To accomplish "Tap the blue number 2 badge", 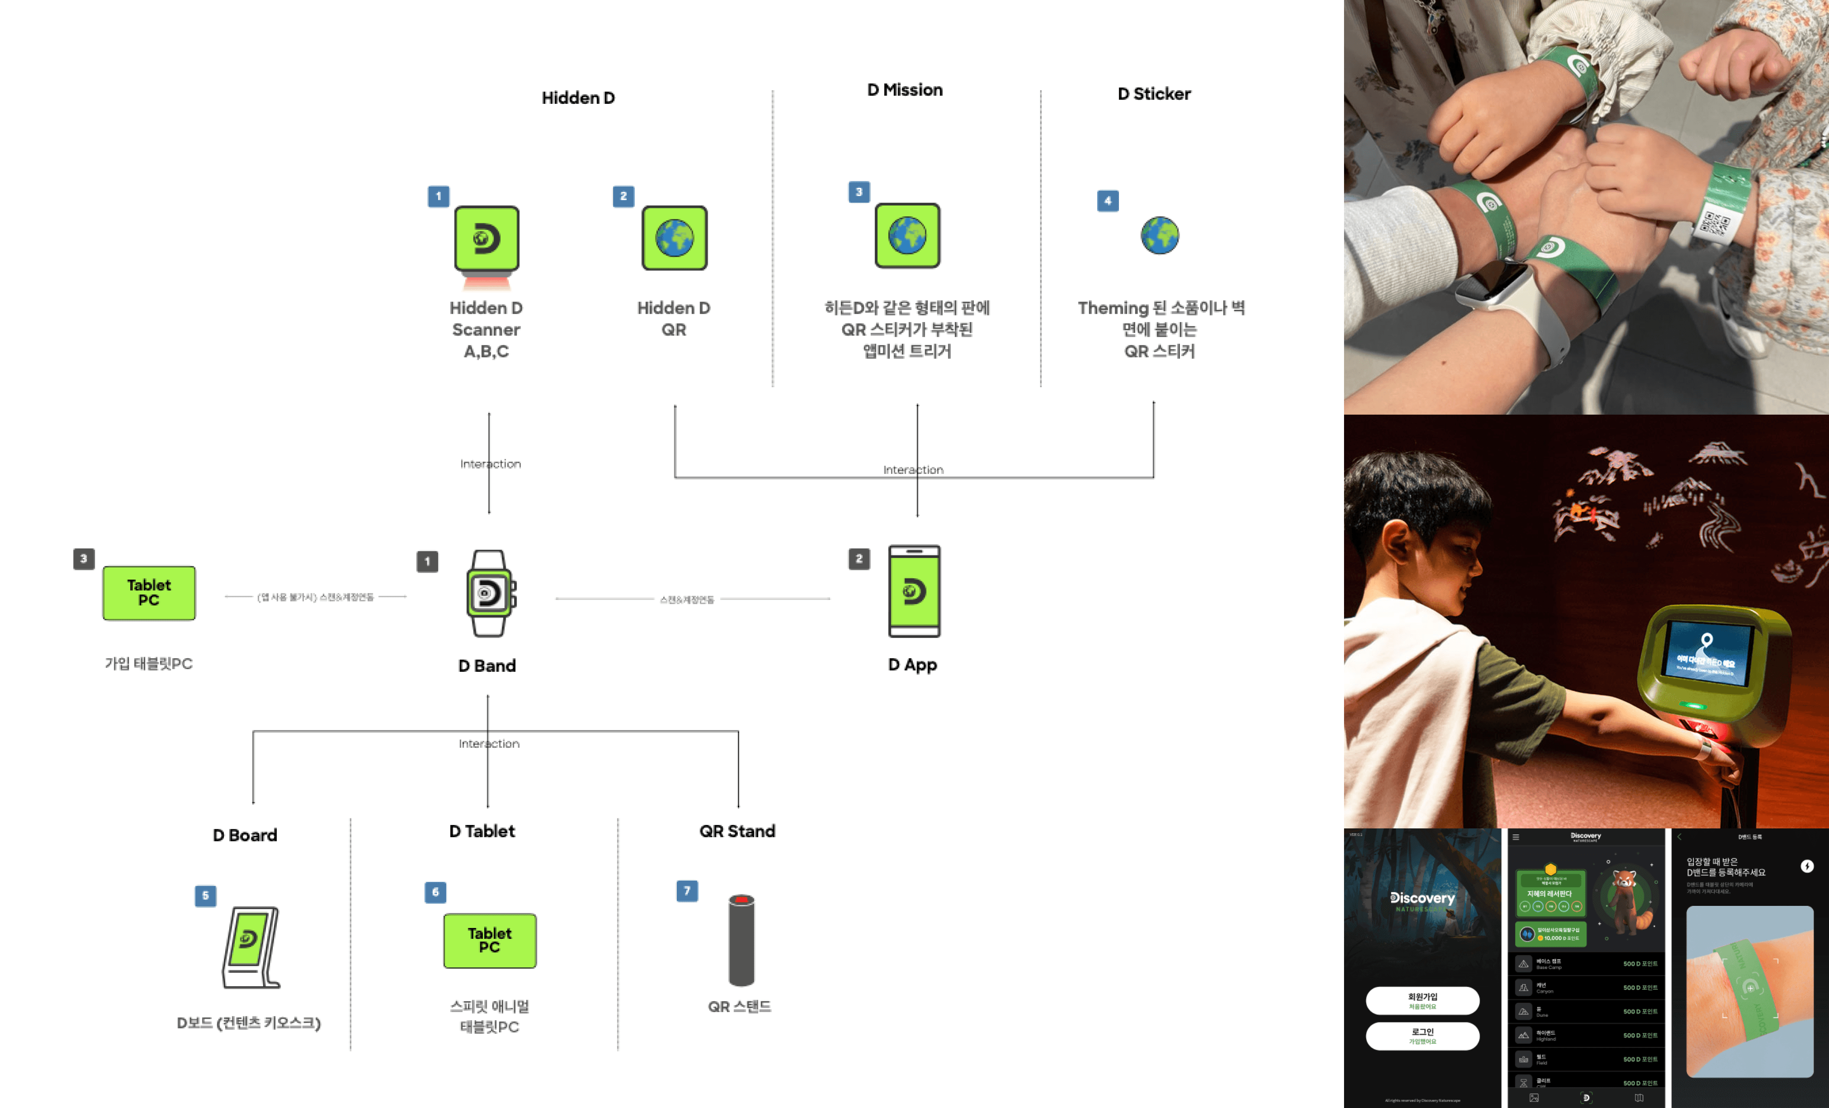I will tap(623, 196).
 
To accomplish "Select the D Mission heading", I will tap(905, 90).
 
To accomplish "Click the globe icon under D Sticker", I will tap(1160, 236).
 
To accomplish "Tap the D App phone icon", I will tap(914, 592).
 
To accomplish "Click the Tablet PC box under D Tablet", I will tap(490, 940).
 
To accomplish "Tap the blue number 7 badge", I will tap(687, 891).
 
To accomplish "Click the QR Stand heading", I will tap(737, 831).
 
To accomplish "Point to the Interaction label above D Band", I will tap(490, 464).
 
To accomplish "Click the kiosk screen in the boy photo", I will tap(1707, 651).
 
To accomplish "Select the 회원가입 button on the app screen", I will tap(1422, 1000).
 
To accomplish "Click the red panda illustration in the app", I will tap(1625, 899).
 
